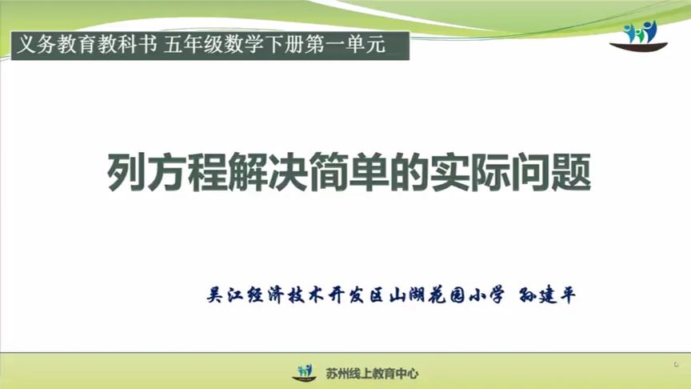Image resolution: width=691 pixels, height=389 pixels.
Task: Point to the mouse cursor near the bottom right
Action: (x=676, y=364)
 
